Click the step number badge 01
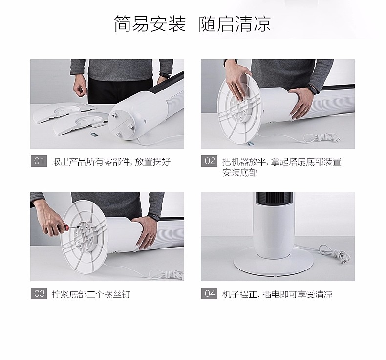pos(39,161)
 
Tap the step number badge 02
pos(209,161)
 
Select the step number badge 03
pos(39,293)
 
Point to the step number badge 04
pos(209,293)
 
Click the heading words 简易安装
pos(150,24)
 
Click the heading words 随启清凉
pos(235,24)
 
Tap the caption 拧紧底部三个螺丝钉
pos(91,294)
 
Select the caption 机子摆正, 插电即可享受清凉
pos(278,294)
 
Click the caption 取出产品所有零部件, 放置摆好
pos(111,161)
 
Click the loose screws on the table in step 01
pos(94,134)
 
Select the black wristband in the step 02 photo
pos(313,90)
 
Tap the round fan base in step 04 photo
pos(273,265)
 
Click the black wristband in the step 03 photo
pos(153,217)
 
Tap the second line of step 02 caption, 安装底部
pos(240,173)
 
